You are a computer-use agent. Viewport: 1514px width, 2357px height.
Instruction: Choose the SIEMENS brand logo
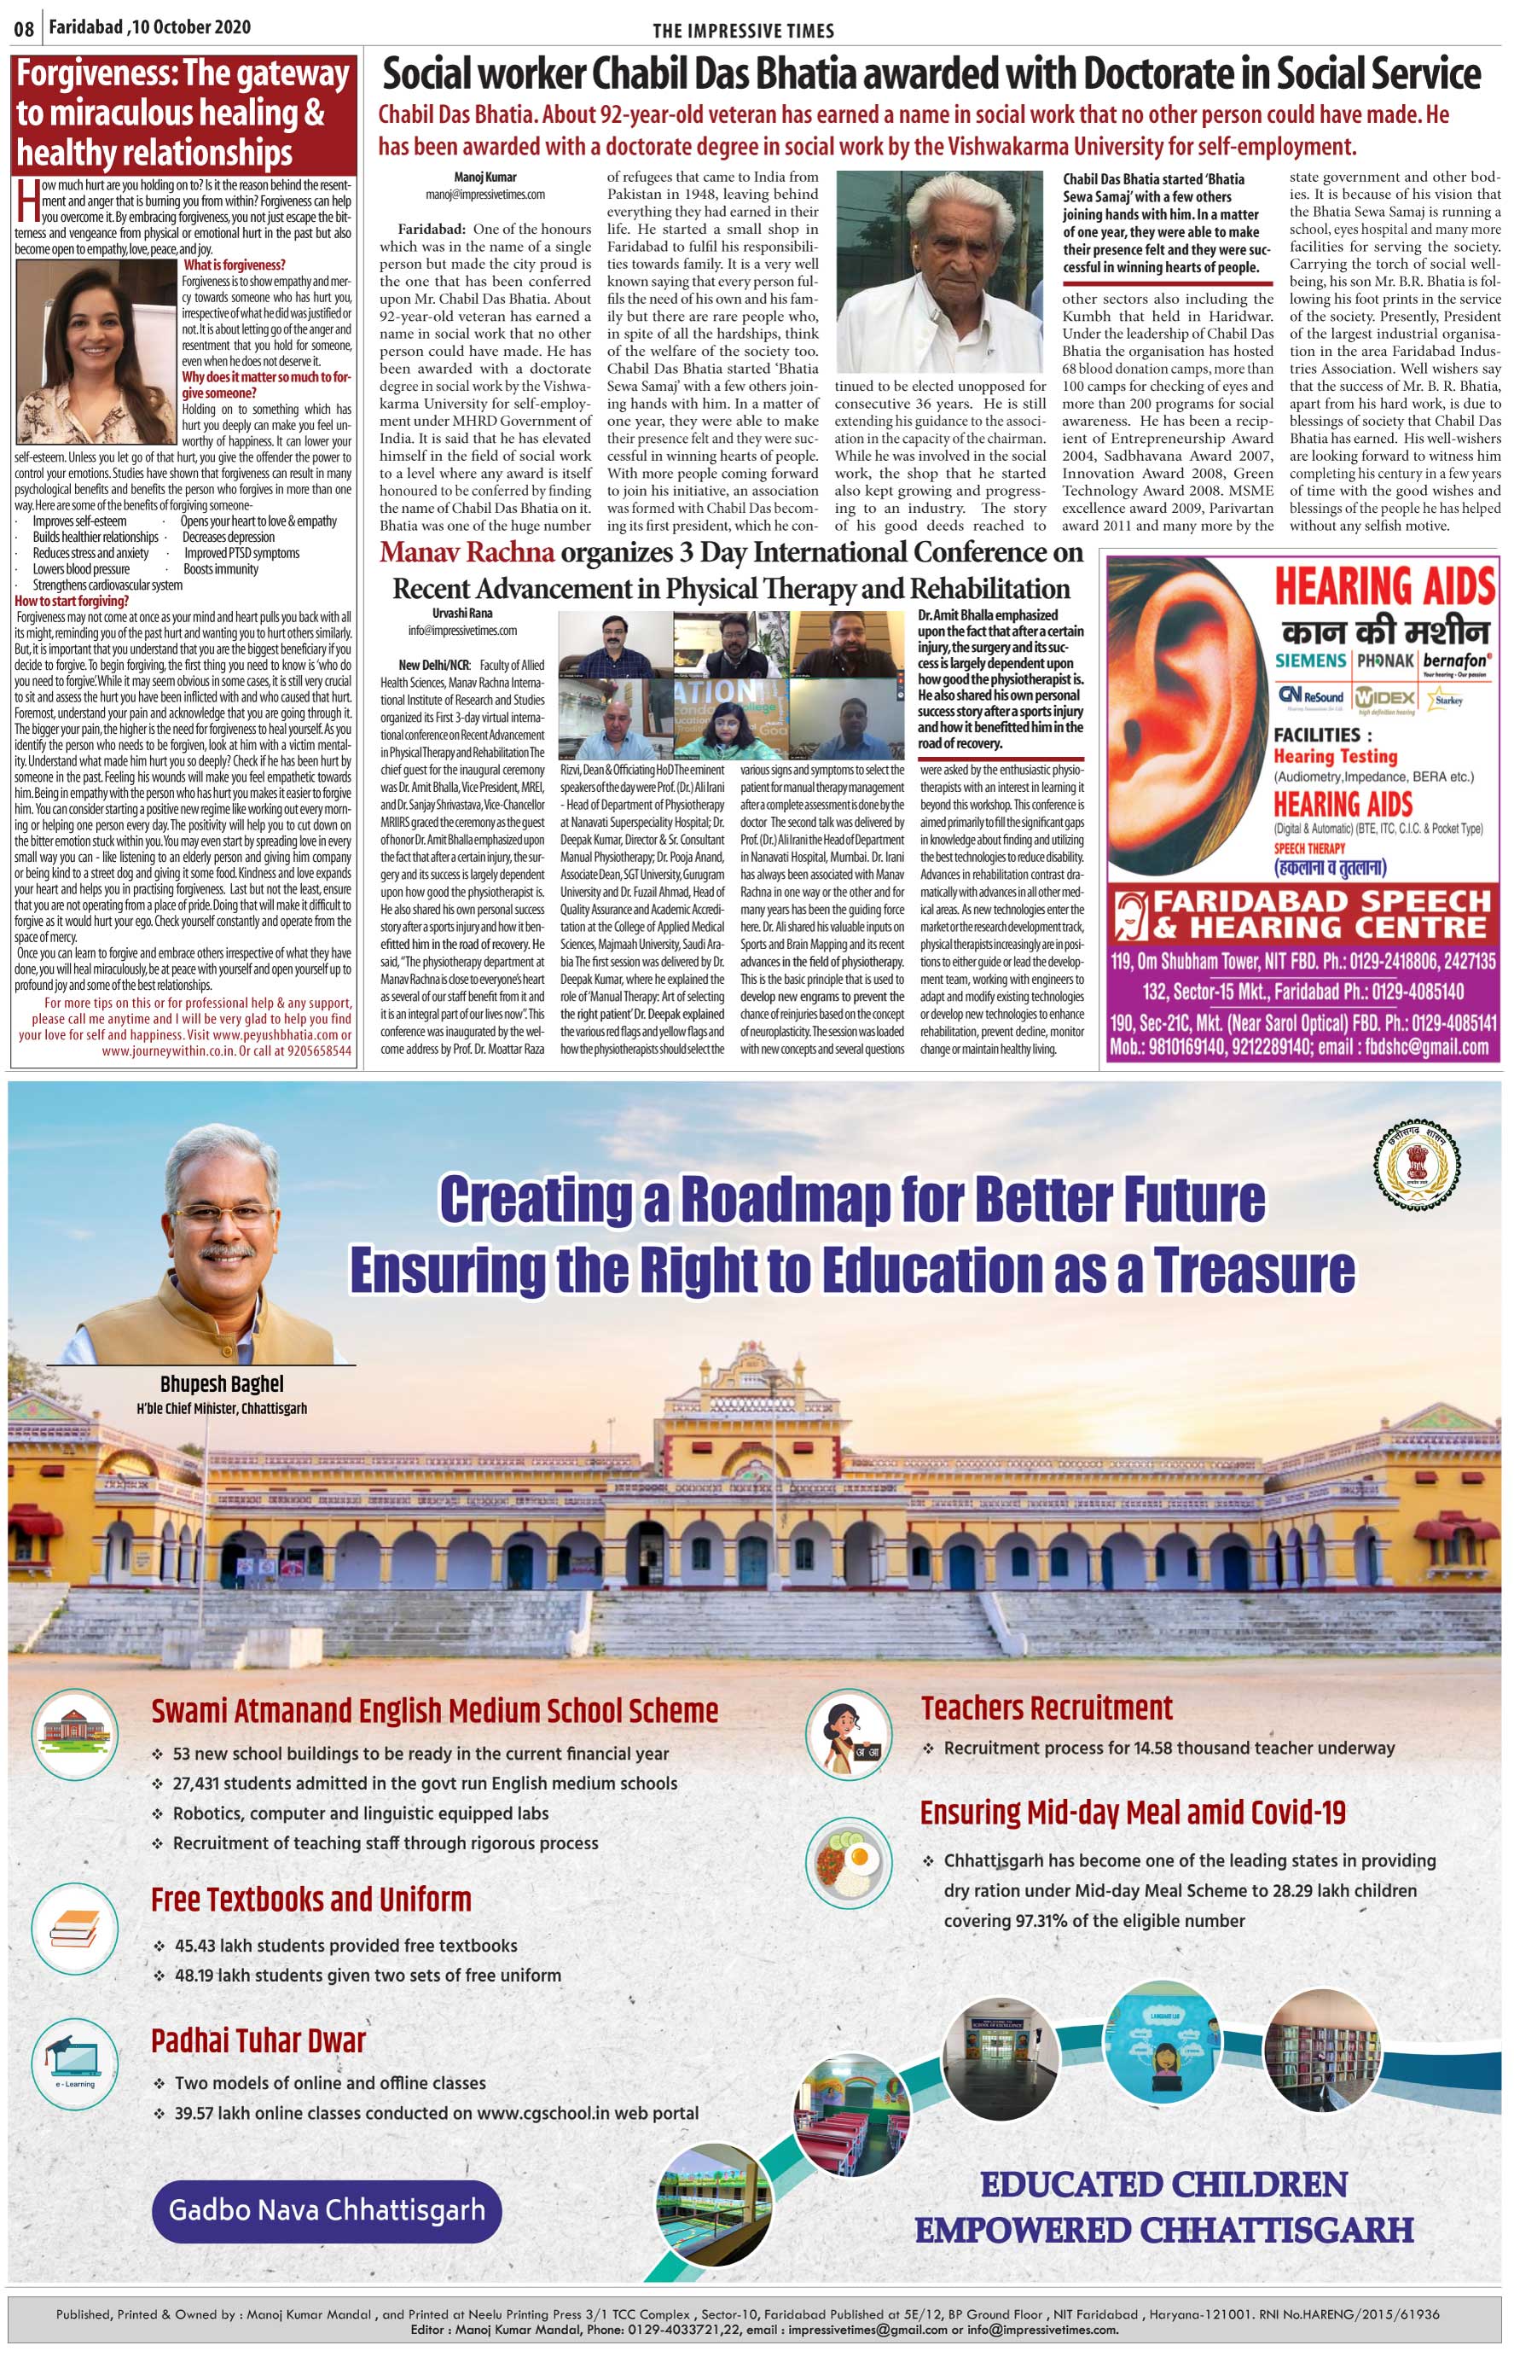click(x=1310, y=660)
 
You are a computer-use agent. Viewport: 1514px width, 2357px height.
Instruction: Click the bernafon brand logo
click(x=1456, y=661)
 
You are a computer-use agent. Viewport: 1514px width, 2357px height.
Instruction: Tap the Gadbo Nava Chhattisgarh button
click(x=327, y=2210)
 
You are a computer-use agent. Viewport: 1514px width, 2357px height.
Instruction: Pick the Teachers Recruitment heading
click(x=1046, y=1709)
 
